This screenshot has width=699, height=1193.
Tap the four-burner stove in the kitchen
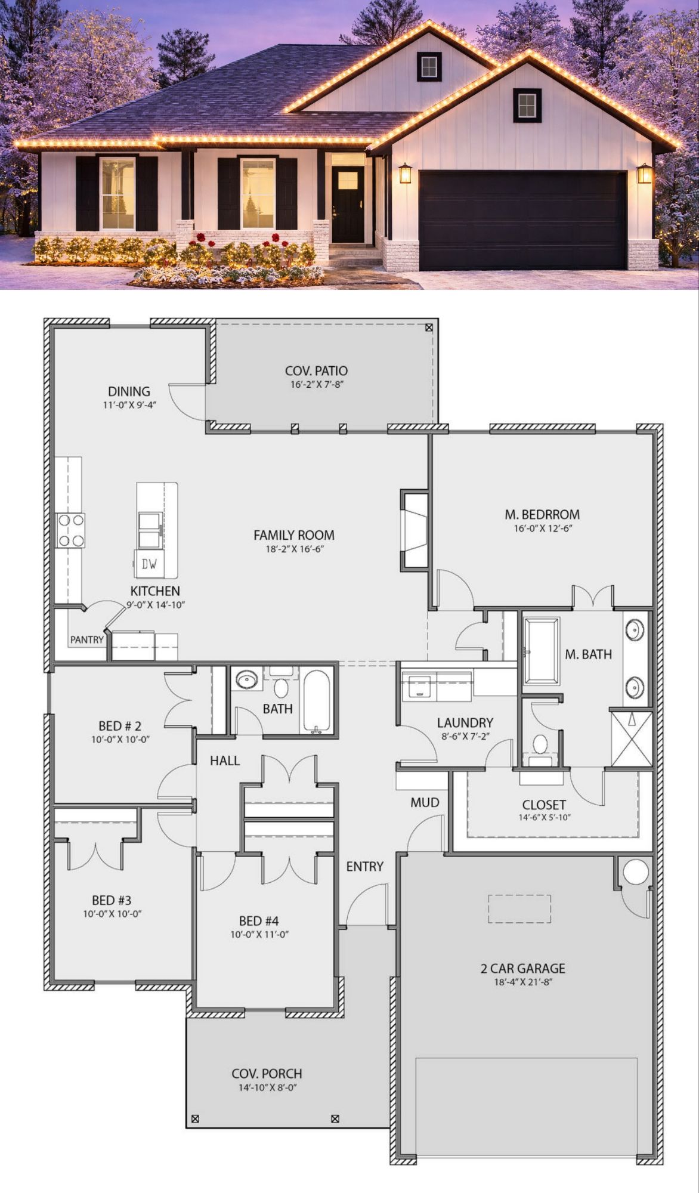70,530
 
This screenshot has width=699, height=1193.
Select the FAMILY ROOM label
294,535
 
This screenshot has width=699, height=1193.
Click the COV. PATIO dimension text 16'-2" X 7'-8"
317,385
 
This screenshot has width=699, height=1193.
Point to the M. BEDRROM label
542,514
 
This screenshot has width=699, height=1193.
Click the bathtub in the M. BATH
542,651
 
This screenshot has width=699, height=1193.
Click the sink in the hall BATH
246,679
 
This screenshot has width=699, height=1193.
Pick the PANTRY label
87,639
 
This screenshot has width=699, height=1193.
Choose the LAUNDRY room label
465,723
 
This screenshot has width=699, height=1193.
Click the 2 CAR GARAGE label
523,969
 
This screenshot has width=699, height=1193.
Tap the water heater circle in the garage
636,871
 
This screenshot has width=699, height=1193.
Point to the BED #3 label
112,900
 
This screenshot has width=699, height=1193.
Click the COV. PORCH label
267,1074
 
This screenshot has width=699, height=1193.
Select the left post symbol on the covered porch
195,1119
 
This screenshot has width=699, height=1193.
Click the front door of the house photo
348,204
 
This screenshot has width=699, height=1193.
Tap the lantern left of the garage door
406,173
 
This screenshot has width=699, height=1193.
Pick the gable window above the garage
527,105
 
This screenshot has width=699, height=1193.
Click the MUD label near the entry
425,802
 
